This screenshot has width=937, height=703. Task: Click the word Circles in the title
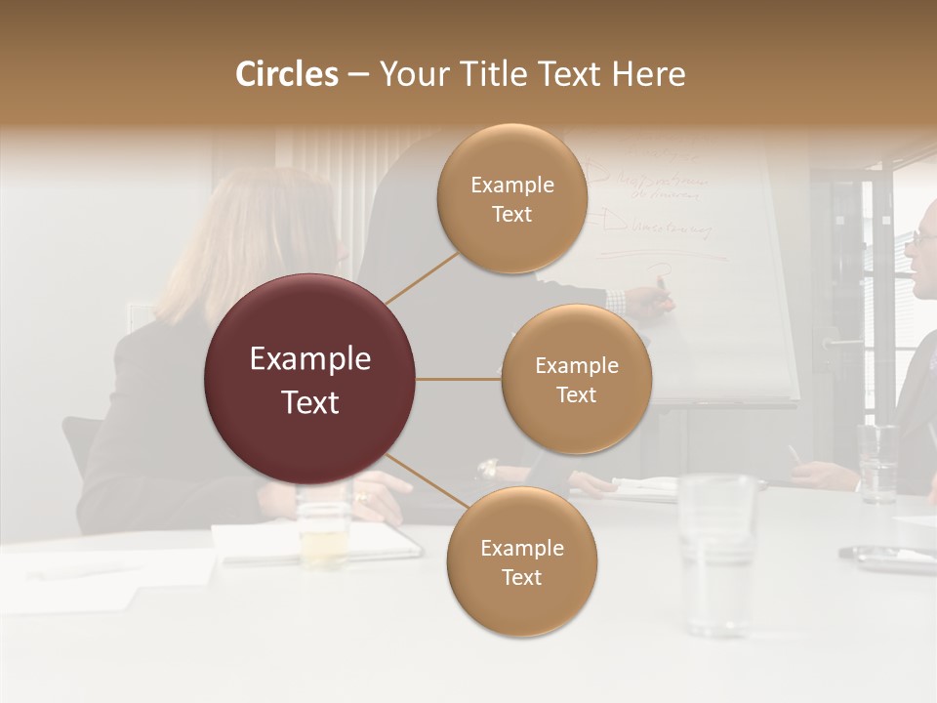pyautogui.click(x=286, y=74)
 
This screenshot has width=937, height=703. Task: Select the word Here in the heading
pyautogui.click(x=648, y=74)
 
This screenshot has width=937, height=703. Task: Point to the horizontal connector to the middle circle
pyautogui.click(x=459, y=379)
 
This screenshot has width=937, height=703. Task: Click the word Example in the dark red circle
pyautogui.click(x=310, y=359)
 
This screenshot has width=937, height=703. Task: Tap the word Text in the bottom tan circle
pyautogui.click(x=521, y=578)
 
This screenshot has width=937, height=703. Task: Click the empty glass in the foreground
pyautogui.click(x=717, y=552)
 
